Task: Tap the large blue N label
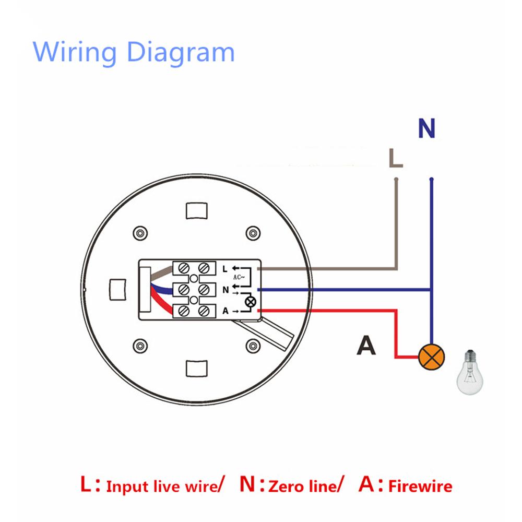tap(427, 128)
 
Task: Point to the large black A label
tap(366, 346)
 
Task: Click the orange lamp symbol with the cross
tap(431, 357)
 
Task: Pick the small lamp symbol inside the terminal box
tap(250, 301)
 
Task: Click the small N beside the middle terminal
tap(225, 290)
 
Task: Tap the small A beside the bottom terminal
tap(225, 311)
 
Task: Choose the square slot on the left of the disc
tap(118, 289)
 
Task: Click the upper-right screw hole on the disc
tap(253, 232)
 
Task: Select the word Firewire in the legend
tap(420, 487)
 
